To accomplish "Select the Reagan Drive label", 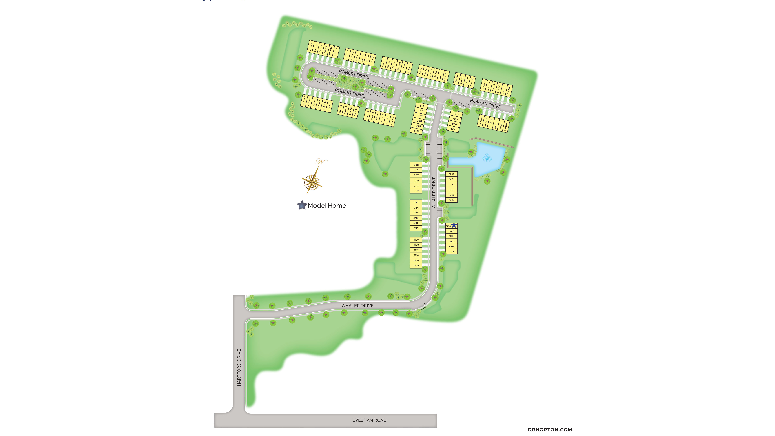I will (485, 104).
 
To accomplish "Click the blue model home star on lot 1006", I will (454, 225).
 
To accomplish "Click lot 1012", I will (451, 174).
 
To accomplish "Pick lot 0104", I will (416, 265).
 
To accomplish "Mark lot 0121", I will (416, 165).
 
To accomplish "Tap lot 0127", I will (422, 106).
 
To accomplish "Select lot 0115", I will (416, 202).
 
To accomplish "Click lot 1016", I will (456, 114).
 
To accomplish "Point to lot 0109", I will (416, 240).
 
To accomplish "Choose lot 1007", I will (451, 200).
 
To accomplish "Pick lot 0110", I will (416, 228).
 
